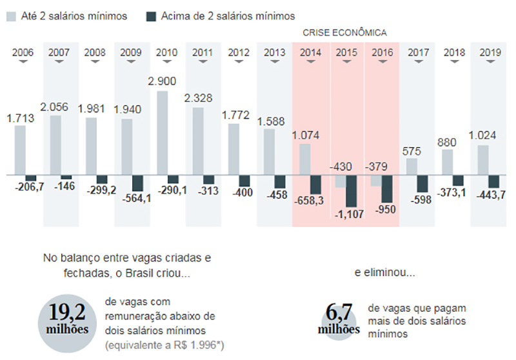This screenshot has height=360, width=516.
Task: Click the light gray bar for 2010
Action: pyautogui.click(x=163, y=133)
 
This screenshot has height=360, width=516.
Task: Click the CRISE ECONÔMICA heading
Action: pyautogui.click(x=344, y=32)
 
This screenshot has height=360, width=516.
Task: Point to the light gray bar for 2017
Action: pyautogui.click(x=412, y=166)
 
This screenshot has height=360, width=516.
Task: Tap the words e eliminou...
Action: pyautogui.click(x=384, y=272)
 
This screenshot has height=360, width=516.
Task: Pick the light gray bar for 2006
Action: pyautogui.click(x=20, y=150)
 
